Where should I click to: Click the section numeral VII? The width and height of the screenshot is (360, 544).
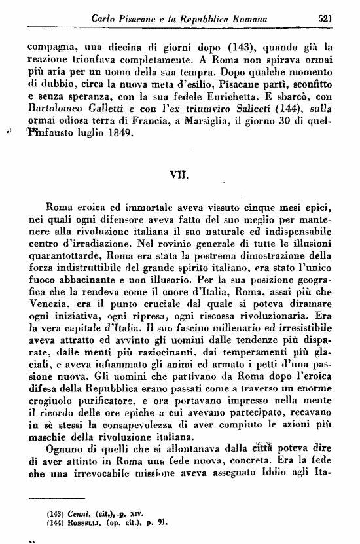click(179, 175)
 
